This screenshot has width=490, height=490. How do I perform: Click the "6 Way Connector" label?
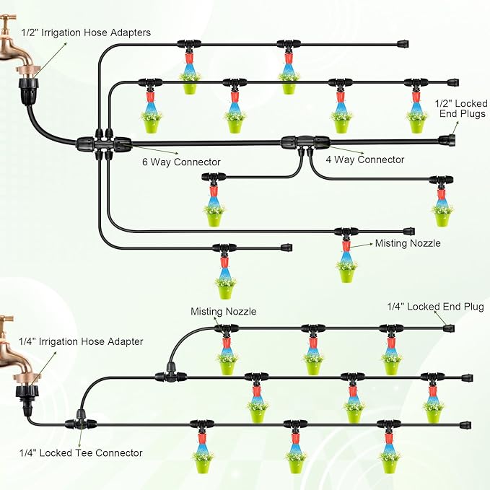181,162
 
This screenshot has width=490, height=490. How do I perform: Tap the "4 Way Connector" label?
365,159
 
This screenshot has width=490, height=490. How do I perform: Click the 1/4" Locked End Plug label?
436,307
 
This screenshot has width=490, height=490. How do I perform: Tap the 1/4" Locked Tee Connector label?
81,453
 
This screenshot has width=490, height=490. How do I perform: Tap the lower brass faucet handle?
6,319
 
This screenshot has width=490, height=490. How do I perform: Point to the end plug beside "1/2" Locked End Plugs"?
447,139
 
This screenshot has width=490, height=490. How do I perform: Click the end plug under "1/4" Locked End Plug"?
449,328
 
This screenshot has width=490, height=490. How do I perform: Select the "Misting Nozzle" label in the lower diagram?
223,312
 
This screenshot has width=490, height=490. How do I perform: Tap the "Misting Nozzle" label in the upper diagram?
408,244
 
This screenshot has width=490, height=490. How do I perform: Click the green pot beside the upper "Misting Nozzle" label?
347,271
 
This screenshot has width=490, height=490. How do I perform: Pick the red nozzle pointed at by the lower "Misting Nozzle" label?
227,340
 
